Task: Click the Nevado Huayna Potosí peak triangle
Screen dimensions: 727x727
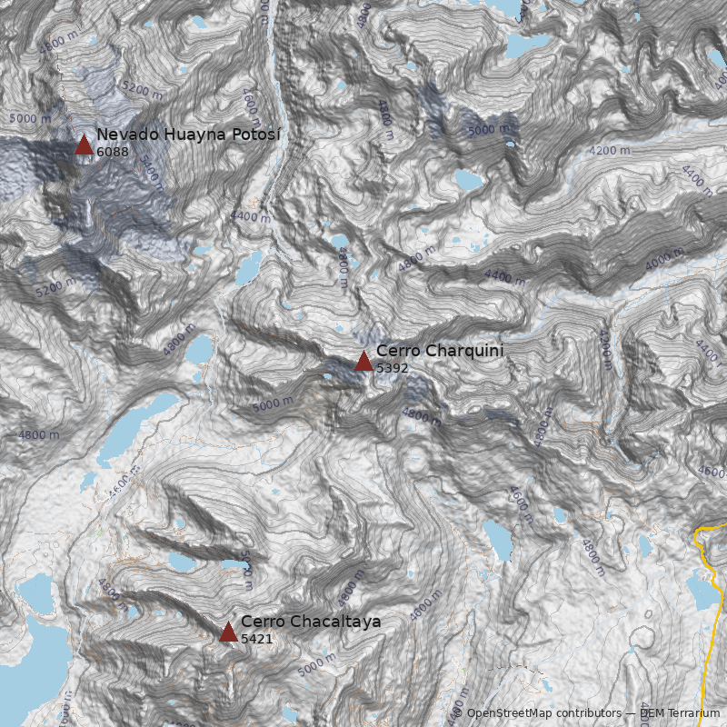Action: point(84,144)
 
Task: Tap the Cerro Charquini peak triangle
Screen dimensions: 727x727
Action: point(363,362)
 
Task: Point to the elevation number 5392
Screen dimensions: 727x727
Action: point(393,368)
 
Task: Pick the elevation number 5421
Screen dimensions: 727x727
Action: point(257,639)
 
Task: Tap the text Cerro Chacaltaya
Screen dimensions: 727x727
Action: point(311,622)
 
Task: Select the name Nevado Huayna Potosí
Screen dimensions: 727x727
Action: point(189,134)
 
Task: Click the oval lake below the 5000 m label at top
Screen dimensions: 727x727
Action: point(469,180)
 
